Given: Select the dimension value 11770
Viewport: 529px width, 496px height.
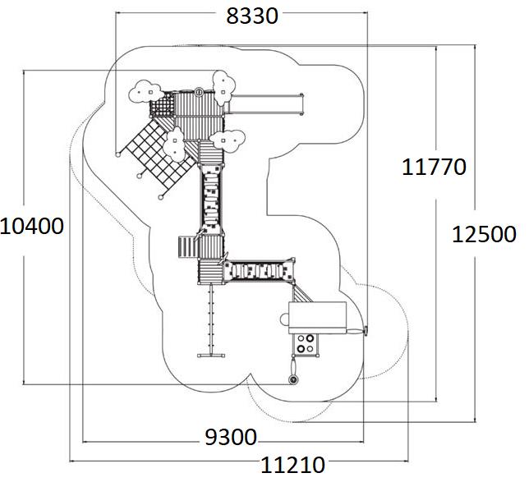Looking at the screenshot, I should (434, 167).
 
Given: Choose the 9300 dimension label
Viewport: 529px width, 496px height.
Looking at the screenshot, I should (230, 437).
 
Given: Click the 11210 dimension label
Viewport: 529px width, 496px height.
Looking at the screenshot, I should (292, 466).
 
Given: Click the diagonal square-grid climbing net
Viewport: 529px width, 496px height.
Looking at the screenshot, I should (156, 152).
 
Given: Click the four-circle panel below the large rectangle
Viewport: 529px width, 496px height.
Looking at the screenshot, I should (306, 344).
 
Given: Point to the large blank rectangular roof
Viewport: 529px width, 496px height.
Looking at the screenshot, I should (316, 317).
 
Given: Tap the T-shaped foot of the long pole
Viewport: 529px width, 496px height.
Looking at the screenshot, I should (212, 356).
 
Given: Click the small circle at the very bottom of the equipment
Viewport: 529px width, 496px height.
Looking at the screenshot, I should (292, 379).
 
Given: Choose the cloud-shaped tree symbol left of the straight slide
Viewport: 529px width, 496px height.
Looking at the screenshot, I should (223, 82).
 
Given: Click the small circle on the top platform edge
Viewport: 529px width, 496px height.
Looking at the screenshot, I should (198, 92).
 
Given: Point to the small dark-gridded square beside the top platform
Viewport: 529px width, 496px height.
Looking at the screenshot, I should (163, 108).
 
